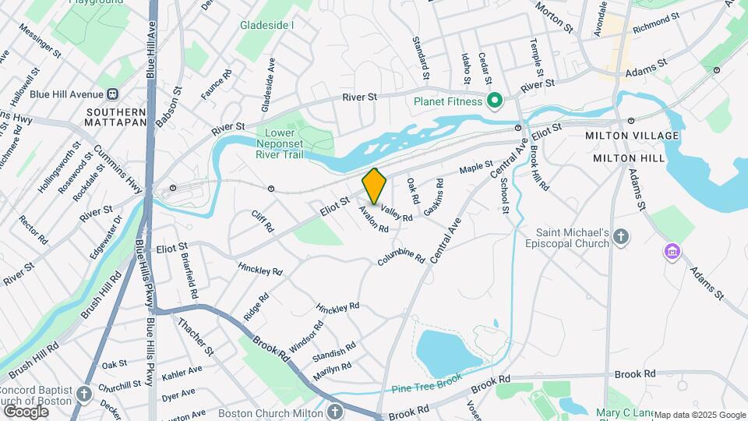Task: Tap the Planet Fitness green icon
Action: [493, 101]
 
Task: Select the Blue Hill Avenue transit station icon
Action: [113, 94]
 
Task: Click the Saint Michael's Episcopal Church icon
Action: [621, 236]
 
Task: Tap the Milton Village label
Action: [632, 136]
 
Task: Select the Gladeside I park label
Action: [266, 25]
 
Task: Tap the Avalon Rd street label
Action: [373, 219]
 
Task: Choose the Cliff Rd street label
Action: [263, 221]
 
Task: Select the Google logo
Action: [26, 411]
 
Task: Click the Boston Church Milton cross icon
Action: [334, 412]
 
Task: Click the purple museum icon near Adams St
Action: [672, 252]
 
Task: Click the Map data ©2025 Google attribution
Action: [700, 415]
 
